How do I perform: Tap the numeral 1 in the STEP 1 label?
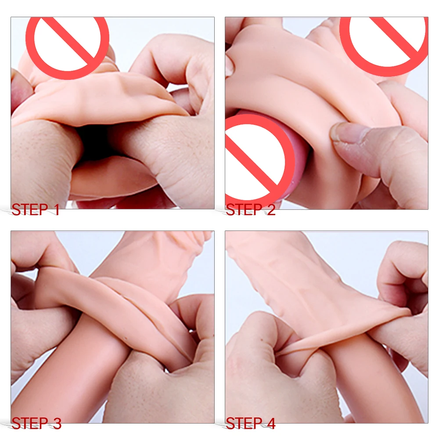57,210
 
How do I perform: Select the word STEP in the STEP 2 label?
244,210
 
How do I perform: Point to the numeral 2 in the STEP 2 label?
271,210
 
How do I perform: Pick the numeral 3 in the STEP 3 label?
57,423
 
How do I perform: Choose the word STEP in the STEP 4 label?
244,423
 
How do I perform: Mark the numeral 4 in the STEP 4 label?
271,423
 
